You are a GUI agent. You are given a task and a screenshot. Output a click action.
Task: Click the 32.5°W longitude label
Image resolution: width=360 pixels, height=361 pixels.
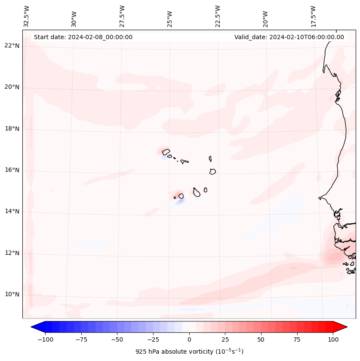pyautogui.click(x=27, y=16)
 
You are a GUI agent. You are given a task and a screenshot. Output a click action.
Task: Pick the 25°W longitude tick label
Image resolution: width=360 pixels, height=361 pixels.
pyautogui.click(x=170, y=17)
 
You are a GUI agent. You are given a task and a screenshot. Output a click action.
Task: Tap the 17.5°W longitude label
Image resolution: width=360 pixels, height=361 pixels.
pyautogui.click(x=313, y=16)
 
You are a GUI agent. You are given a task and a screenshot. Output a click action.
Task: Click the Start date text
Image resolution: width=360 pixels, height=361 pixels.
pyautogui.click(x=83, y=37)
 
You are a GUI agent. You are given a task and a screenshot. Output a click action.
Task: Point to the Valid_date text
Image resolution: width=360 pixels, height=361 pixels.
pyautogui.click(x=289, y=37)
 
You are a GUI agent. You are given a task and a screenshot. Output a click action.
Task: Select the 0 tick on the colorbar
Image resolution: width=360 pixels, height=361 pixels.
pyautogui.click(x=189, y=339)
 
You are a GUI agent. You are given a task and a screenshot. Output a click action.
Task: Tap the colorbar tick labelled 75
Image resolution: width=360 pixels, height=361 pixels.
pyautogui.click(x=297, y=339)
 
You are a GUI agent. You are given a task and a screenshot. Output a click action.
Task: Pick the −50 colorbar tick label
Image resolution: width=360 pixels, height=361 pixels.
pyautogui.click(x=116, y=339)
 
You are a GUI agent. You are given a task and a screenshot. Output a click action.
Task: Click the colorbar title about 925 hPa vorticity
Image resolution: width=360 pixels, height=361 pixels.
pyautogui.click(x=189, y=352)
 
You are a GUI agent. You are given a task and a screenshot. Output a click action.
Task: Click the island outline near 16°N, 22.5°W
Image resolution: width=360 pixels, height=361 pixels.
pyautogui.click(x=212, y=171)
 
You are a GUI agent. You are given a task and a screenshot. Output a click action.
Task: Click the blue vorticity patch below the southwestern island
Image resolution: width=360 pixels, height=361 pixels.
pyautogui.click(x=180, y=201)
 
